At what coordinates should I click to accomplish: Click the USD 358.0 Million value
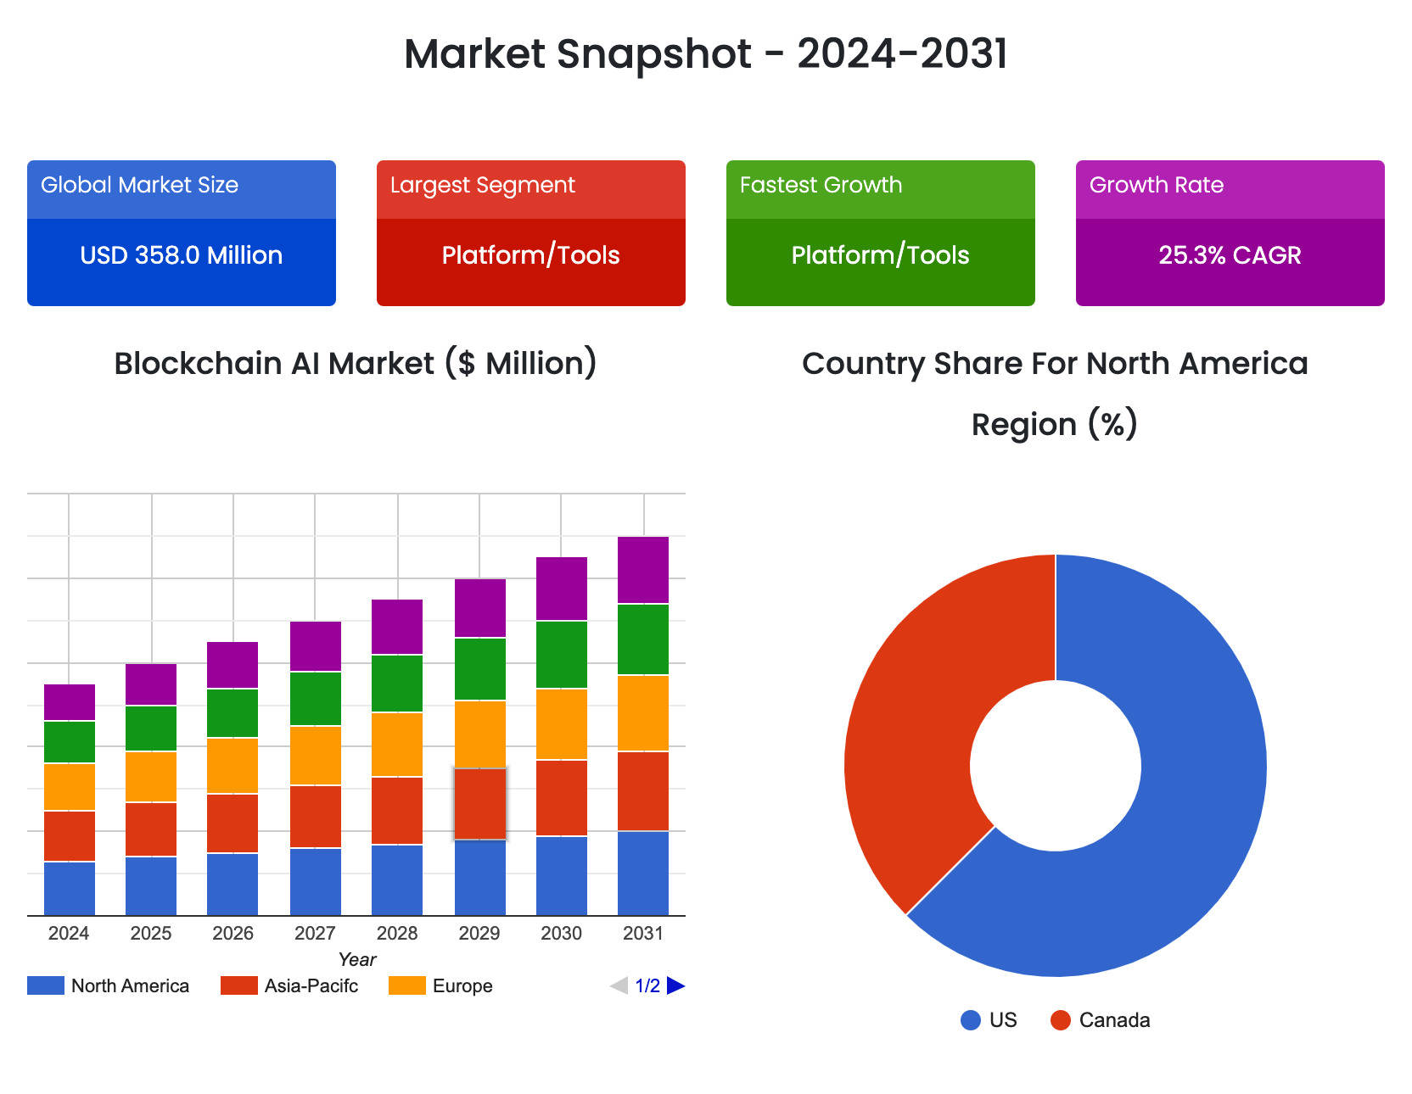click(181, 255)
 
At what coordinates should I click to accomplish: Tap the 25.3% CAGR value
click(1230, 255)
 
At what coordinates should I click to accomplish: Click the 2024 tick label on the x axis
click(69, 933)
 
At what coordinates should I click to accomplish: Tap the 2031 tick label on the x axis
click(643, 933)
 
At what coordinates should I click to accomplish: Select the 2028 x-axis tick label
click(397, 933)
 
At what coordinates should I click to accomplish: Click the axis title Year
click(356, 959)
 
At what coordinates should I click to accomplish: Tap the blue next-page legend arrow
click(676, 985)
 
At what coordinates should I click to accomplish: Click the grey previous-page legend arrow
click(619, 985)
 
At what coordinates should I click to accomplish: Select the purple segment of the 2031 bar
click(643, 570)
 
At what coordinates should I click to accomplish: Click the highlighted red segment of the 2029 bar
click(480, 804)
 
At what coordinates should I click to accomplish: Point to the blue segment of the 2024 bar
click(70, 888)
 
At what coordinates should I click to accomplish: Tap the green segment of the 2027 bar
click(316, 699)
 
